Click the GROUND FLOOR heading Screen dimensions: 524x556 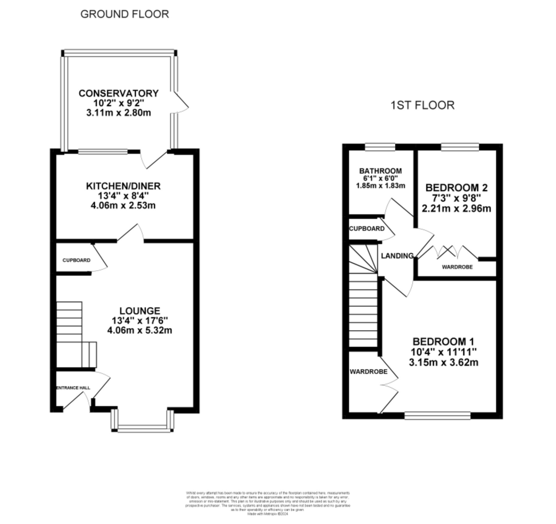click(125, 14)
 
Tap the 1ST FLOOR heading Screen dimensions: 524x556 click(422, 105)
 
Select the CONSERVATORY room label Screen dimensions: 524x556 click(119, 93)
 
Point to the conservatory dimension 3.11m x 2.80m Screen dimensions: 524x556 click(119, 113)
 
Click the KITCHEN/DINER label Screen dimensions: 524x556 click(123, 186)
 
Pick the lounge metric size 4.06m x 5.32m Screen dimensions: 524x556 click(140, 330)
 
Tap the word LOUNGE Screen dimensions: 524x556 click(140, 311)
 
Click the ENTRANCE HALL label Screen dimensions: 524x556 click(73, 388)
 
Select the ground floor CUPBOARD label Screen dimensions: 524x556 click(76, 260)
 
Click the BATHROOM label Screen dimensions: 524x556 click(380, 171)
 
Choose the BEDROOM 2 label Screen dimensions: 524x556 click(456, 188)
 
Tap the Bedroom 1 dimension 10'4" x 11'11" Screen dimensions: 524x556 click(444, 352)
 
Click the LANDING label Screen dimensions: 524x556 click(397, 256)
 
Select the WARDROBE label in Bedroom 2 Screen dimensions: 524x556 click(457, 267)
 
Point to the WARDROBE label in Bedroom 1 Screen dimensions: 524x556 click(369, 372)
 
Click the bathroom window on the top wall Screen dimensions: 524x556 click(380, 147)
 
